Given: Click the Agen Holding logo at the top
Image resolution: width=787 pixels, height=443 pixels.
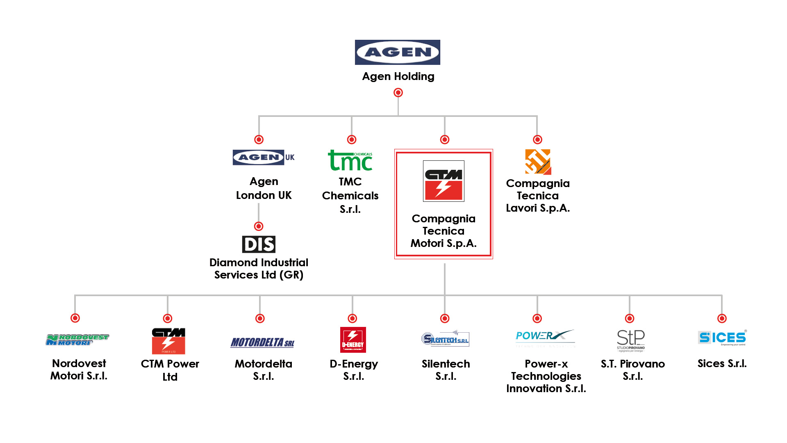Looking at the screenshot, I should point(397,52).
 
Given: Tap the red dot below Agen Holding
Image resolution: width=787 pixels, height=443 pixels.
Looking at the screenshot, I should point(398,93).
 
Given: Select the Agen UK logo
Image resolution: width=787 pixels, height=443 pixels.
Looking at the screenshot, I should point(264,158).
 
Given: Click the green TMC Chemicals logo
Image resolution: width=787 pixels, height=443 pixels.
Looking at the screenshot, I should point(350,160).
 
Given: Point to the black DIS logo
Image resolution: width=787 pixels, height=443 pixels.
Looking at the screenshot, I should point(259,244).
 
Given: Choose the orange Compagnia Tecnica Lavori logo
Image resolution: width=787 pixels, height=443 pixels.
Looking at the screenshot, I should point(538,162).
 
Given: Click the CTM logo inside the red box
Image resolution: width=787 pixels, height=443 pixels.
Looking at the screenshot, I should point(444,181).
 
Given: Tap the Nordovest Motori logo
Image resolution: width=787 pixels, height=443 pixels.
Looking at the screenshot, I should point(77,340).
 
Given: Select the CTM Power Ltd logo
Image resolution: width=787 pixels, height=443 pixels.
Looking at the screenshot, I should point(168,341).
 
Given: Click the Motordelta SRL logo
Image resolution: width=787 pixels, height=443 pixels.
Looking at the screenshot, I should point(262,343).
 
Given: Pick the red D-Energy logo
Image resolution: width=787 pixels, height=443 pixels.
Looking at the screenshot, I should point(353,340).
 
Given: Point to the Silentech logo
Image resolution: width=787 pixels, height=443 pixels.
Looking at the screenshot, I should point(445,339).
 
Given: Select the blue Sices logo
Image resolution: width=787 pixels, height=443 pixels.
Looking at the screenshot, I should point(722,338).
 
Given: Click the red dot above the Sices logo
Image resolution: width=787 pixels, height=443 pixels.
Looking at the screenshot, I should point(722,318).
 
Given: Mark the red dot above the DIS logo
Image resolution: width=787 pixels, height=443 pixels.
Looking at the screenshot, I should point(259,226).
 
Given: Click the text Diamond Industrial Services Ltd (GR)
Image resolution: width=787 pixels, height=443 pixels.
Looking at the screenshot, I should point(259,269).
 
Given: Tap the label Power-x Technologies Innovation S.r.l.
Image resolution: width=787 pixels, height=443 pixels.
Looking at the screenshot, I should point(546,376).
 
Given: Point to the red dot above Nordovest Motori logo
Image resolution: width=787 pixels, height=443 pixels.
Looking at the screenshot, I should point(75,318).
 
